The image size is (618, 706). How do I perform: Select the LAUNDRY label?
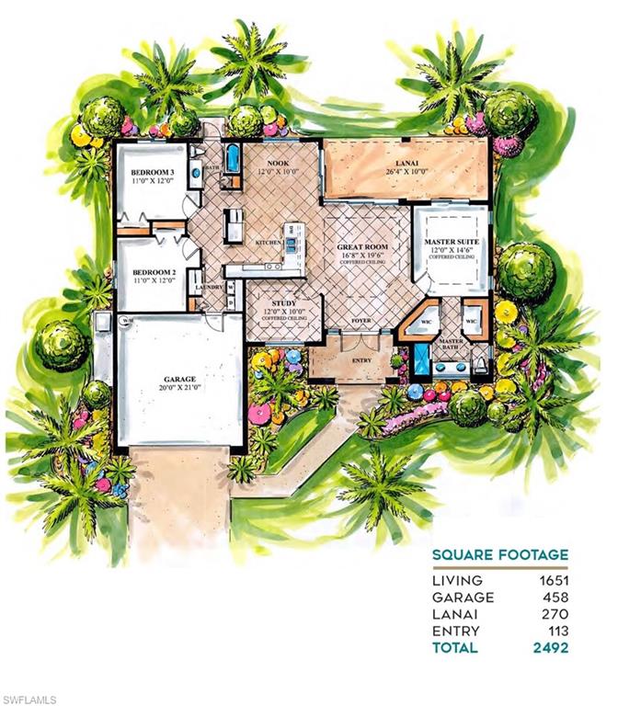pyautogui.click(x=210, y=288)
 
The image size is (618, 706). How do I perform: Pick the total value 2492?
pyautogui.click(x=550, y=647)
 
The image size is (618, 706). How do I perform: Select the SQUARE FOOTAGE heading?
pyautogui.click(x=499, y=554)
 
